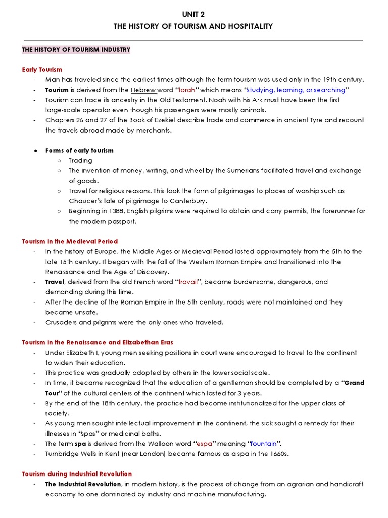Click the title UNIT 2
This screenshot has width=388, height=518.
pos(193,14)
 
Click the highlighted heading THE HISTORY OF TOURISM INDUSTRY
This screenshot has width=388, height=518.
pos(76,50)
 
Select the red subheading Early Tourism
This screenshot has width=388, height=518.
pos(42,69)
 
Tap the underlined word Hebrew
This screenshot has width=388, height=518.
pos(143,90)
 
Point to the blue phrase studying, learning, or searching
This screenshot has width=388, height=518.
pos(295,90)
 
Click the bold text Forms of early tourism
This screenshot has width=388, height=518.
pos(79,150)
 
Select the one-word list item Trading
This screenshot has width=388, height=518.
pos(80,160)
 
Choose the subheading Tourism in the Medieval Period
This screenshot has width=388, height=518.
pos(70,241)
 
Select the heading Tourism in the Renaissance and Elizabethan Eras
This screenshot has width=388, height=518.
pos(97,342)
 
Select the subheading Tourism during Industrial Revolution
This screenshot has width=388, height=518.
pos(77,474)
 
